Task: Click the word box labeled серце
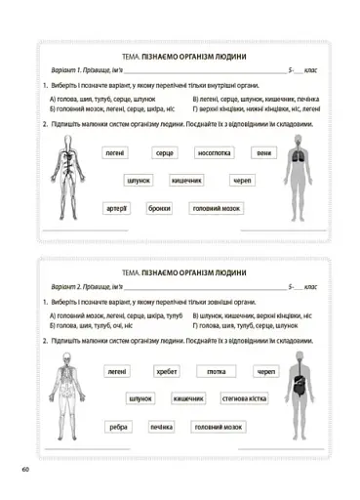tap(165, 153)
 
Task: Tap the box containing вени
tap(263, 153)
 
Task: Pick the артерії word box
tap(117, 208)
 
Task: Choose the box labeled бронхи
tap(159, 208)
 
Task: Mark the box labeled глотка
tap(215, 372)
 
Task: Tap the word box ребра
tap(118, 427)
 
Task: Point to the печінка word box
tap(162, 427)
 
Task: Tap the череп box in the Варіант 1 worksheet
tap(243, 181)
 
